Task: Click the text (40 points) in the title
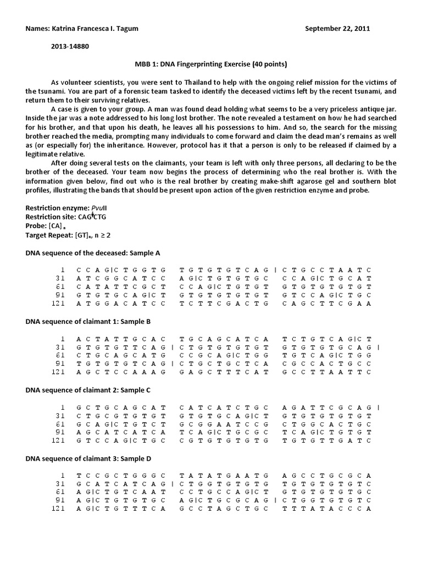(x=267, y=64)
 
